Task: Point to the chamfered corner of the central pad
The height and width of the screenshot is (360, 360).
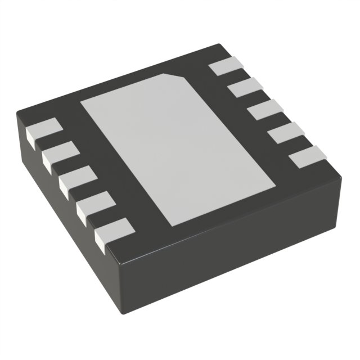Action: click(179, 77)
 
